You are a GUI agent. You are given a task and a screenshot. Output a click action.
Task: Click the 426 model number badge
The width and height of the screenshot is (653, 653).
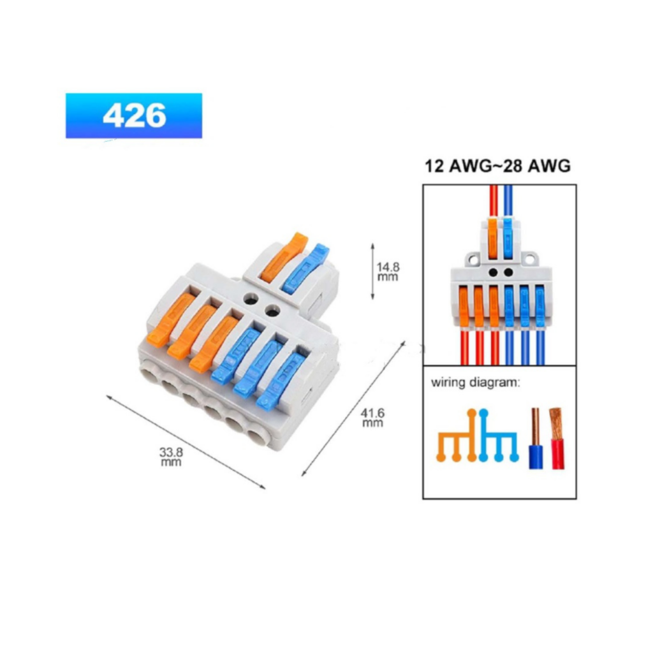pyautogui.click(x=134, y=115)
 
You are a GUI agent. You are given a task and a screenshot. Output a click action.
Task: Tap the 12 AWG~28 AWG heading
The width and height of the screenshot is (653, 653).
pyautogui.click(x=497, y=166)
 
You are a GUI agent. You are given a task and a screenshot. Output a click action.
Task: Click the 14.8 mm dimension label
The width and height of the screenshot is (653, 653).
pyautogui.click(x=388, y=272)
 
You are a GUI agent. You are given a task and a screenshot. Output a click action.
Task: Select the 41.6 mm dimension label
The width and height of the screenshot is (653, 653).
pyautogui.click(x=372, y=418)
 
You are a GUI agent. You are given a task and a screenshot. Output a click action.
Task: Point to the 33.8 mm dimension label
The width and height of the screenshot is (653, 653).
pyautogui.click(x=171, y=457)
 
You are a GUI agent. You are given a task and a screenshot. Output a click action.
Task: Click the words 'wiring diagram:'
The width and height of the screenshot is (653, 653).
pyautogui.click(x=476, y=383)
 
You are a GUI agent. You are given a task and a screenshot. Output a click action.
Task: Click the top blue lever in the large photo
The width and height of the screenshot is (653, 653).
pyautogui.click(x=305, y=268)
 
